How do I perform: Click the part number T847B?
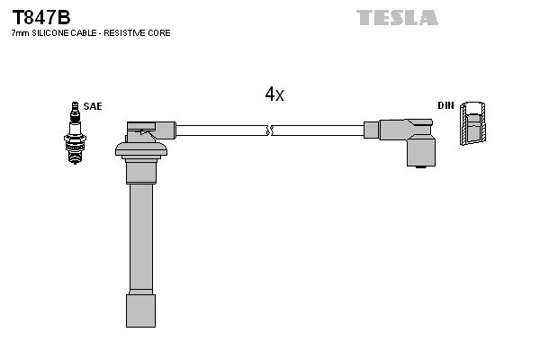(x=40, y=16)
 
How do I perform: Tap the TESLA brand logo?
(x=397, y=17)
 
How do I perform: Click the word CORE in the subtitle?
(x=159, y=33)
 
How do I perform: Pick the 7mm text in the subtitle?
(x=20, y=33)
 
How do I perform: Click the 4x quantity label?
(x=274, y=94)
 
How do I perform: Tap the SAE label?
(x=93, y=106)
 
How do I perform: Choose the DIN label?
(x=445, y=106)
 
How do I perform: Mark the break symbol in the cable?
(x=268, y=130)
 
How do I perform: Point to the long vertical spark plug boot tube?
(x=139, y=234)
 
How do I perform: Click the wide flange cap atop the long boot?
(x=142, y=148)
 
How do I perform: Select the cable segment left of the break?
(x=220, y=130)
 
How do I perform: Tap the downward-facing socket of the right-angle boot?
(x=421, y=155)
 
